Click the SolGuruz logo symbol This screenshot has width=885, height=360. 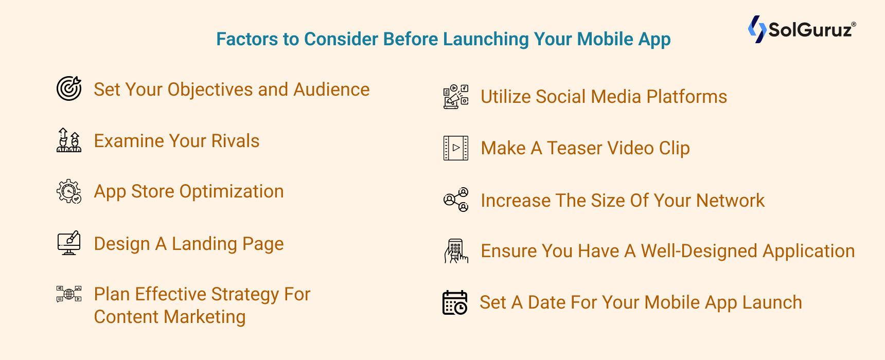click(x=757, y=29)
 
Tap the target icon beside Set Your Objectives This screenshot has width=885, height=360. click(x=69, y=88)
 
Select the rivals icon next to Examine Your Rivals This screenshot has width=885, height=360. click(x=69, y=140)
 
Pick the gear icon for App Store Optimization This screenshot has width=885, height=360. click(x=69, y=191)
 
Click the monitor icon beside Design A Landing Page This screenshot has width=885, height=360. click(x=69, y=243)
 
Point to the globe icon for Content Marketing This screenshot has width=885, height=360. click(x=69, y=294)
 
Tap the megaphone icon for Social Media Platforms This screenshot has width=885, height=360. click(x=456, y=97)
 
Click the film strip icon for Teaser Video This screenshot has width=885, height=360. click(x=456, y=148)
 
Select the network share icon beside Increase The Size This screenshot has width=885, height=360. click(x=456, y=200)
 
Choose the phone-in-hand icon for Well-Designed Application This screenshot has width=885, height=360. click(x=456, y=251)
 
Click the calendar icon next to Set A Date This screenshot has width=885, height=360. click(x=455, y=302)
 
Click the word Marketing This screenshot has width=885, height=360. click(x=205, y=317)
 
